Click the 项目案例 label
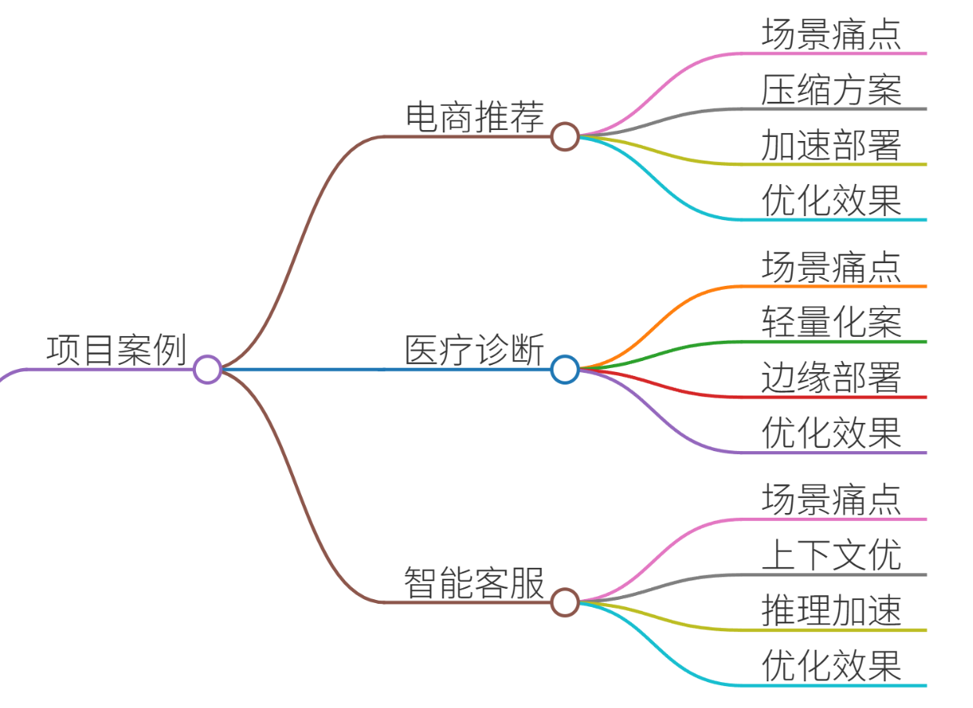tap(117, 350)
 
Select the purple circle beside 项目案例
tap(208, 370)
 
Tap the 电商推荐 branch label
tap(475, 117)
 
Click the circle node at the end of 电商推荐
tap(565, 136)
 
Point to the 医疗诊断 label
tap(475, 349)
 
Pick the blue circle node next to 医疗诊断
tap(565, 370)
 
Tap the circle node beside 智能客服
tap(565, 602)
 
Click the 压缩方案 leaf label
tap(831, 89)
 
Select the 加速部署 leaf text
tap(831, 145)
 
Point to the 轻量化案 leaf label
tap(831, 322)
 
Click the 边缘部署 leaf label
tap(831, 377)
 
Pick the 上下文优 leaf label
tap(831, 554)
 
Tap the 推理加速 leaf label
tap(831, 610)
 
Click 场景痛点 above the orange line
tap(831, 267)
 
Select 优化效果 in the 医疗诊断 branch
tap(831, 433)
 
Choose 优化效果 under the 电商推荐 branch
tap(831, 200)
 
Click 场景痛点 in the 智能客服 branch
tap(831, 500)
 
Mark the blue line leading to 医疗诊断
tap(387, 370)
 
